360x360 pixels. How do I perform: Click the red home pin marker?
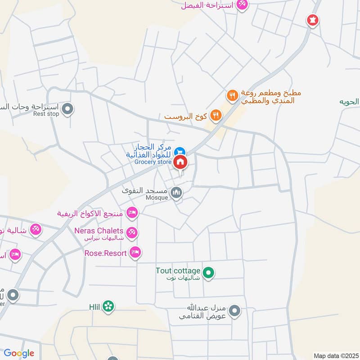pos(180,162)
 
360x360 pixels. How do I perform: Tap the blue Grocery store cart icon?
pos(180,152)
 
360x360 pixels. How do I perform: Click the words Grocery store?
pos(153,162)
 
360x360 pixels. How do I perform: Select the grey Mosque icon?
pos(177,193)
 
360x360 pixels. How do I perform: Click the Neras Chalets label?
pos(99,230)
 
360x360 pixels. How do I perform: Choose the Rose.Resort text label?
pos(105,253)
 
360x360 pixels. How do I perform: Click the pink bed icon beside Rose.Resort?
pos(135,252)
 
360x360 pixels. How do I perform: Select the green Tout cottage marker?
pos(208,272)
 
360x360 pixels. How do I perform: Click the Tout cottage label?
pos(178,270)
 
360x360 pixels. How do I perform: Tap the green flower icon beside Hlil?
pos(108,306)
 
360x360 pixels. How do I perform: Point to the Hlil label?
pos(94,306)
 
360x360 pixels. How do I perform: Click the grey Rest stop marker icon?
pos(67,108)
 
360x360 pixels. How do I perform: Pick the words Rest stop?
pos(46,114)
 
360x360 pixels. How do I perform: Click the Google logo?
pos(19,353)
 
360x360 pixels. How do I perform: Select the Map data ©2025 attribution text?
pos(335,355)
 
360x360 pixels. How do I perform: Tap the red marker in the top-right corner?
pos(312,20)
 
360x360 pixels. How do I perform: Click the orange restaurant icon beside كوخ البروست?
pos(216,116)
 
